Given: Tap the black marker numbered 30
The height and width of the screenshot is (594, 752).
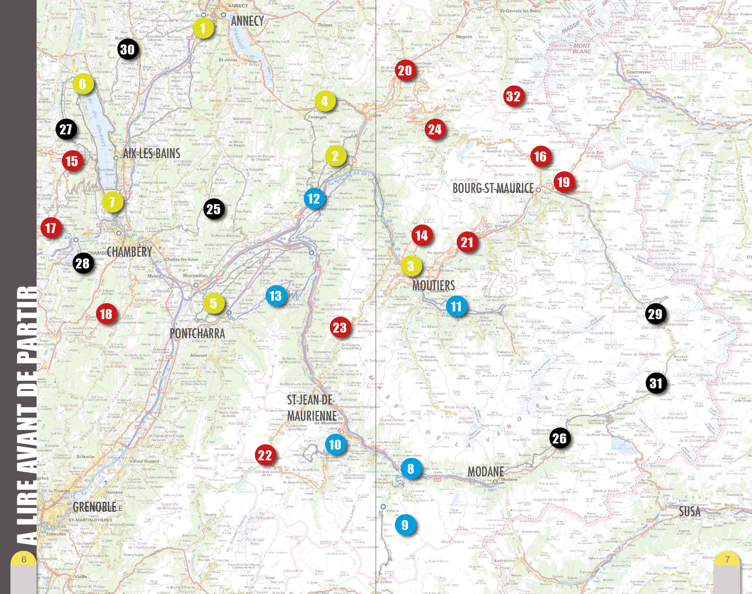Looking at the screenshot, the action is (x=127, y=49).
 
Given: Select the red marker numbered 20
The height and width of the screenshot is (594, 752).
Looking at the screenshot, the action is (x=405, y=71).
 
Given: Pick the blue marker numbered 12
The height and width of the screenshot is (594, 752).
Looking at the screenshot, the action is (x=314, y=199).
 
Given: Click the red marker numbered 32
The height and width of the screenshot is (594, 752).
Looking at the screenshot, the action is (x=513, y=96).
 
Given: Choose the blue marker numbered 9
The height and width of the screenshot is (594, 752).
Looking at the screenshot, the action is (x=405, y=525).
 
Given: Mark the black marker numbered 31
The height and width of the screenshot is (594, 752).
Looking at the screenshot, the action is (x=656, y=383).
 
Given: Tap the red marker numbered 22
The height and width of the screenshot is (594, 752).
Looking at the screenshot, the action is (x=265, y=455).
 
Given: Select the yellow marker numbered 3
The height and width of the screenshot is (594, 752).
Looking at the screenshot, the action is (x=411, y=266).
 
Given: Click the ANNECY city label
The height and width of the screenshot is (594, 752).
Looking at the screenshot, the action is (x=247, y=21).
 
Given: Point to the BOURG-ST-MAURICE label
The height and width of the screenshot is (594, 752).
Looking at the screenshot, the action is (x=493, y=188).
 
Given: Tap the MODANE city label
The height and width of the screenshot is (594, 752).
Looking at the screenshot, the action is (x=486, y=472).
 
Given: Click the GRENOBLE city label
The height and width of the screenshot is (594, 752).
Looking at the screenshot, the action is (x=94, y=507).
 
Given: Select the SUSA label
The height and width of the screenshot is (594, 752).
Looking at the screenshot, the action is (x=690, y=511).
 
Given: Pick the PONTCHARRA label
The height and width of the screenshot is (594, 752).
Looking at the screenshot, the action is (x=197, y=334).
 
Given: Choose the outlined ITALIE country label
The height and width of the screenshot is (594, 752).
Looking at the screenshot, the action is (x=669, y=62).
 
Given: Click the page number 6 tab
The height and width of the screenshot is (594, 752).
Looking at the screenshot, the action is (x=24, y=560).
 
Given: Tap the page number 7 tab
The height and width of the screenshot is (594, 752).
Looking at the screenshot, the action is (x=727, y=560).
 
